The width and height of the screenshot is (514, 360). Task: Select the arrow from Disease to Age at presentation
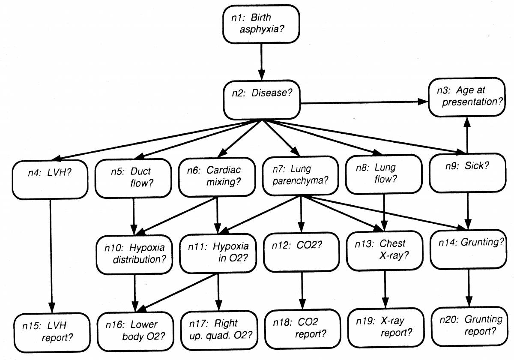[364, 102]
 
